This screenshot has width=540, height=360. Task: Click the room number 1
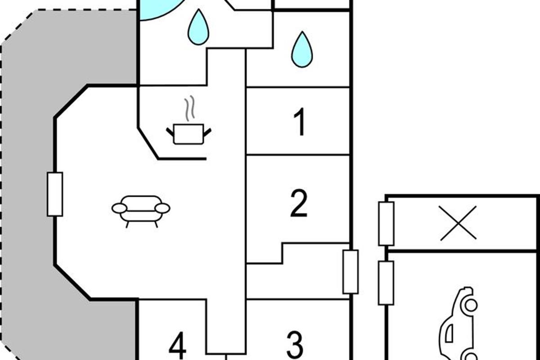tap(299, 122)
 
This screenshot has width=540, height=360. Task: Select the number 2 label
tap(299, 203)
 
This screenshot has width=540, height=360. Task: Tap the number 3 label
tap(295, 344)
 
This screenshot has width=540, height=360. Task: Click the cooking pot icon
tap(189, 134)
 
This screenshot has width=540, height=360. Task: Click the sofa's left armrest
tap(120, 208)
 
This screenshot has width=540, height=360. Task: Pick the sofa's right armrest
tap(162, 208)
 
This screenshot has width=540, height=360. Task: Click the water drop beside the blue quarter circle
tap(198, 27)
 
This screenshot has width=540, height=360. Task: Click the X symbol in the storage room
tap(458, 223)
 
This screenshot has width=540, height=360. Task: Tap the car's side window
tap(449, 333)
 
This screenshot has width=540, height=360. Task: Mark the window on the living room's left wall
tap(55, 194)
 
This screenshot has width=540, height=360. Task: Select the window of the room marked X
tap(386, 224)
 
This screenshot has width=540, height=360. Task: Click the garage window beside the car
tap(386, 283)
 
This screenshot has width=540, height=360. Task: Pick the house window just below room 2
tap(351, 272)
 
